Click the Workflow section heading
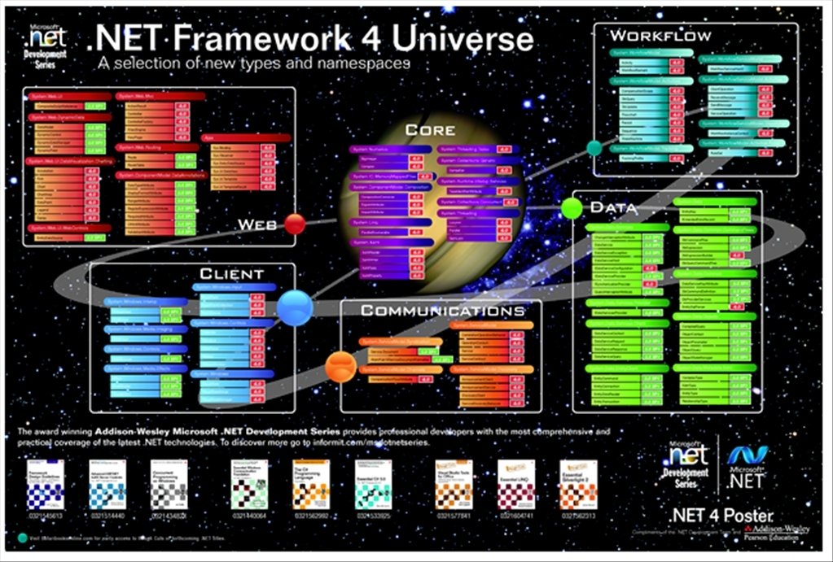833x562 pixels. pyautogui.click(x=660, y=36)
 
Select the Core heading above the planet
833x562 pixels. pyautogui.click(x=430, y=130)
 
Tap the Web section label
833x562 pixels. pyautogui.click(x=257, y=224)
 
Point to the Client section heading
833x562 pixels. pyautogui.click(x=231, y=274)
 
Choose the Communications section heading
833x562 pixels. pyautogui.click(x=442, y=311)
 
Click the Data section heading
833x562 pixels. pyautogui.click(x=613, y=207)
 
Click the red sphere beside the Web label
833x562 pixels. pyautogui.click(x=295, y=224)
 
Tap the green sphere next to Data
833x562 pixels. pyautogui.click(x=572, y=208)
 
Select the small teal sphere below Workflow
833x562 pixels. pyautogui.click(x=594, y=147)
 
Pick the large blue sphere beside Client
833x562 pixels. pyautogui.click(x=294, y=307)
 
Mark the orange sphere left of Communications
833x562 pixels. pyautogui.click(x=339, y=367)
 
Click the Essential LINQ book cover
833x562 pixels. pyautogui.click(x=515, y=485)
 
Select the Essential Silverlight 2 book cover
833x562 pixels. pyautogui.click(x=578, y=485)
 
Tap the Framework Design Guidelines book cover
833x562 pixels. pyautogui.click(x=45, y=485)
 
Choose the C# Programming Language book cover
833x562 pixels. pyautogui.click(x=310, y=485)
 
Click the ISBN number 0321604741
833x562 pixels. pyautogui.click(x=515, y=516)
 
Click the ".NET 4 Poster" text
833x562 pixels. pyautogui.click(x=721, y=515)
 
